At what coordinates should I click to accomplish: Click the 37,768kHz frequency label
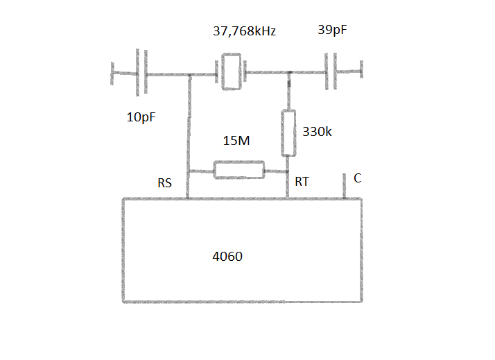point(244,31)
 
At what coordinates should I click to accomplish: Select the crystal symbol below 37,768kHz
point(231,71)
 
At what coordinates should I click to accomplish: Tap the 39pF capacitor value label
point(332,30)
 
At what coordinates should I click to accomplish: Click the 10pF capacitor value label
point(141,117)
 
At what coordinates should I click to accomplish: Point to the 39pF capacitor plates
point(331,71)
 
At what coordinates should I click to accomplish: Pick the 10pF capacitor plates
point(141,72)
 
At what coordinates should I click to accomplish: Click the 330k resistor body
point(288,133)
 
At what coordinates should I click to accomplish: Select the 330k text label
point(317,132)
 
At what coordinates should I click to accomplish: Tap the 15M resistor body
point(239,170)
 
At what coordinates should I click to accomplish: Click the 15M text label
point(236,141)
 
